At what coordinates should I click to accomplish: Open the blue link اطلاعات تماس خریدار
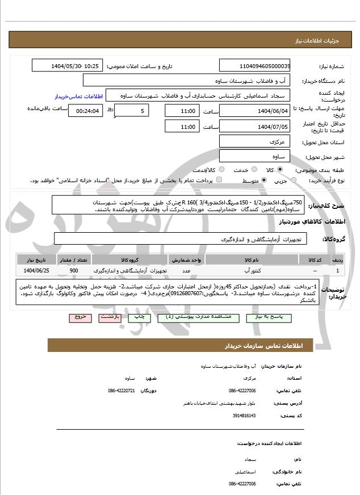(x=79, y=96)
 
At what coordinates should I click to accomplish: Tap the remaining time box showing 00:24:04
(x=85, y=111)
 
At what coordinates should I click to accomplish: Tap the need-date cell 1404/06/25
(x=37, y=271)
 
